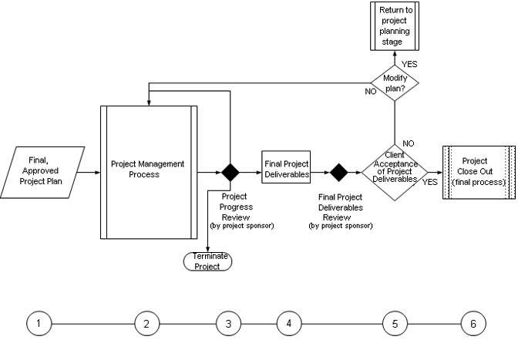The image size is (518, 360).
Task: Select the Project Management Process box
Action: (x=148, y=171)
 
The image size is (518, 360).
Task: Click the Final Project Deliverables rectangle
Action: (x=286, y=169)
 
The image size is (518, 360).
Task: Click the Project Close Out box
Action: (x=479, y=172)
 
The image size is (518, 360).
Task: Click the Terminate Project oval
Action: (x=207, y=261)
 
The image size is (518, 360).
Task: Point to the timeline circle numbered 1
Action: (x=39, y=324)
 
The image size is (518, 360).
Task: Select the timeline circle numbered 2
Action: (x=146, y=324)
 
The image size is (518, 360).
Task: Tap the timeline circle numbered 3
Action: (x=228, y=324)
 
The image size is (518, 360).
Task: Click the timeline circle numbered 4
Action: (x=288, y=324)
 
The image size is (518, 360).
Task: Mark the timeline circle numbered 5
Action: (x=395, y=324)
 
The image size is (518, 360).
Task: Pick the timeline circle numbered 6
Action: (x=473, y=324)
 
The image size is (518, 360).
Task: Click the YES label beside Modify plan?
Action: (x=410, y=63)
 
